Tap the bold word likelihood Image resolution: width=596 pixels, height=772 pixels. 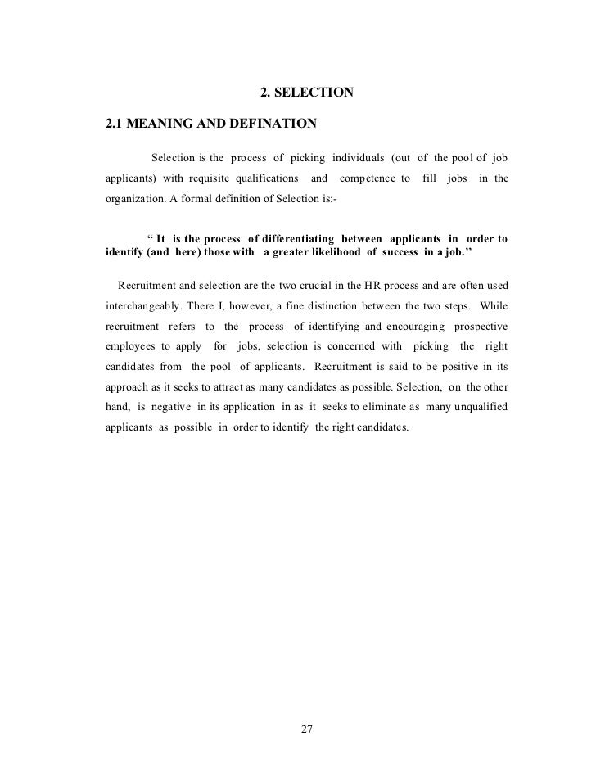[x=318, y=253]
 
